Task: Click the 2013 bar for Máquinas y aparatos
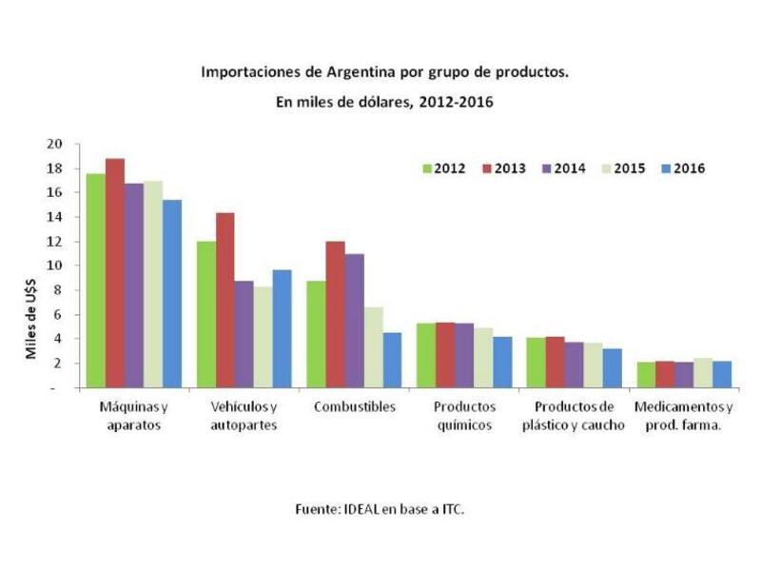pos(115,273)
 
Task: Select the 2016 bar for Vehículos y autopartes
pos(282,328)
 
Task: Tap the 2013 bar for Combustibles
pos(336,314)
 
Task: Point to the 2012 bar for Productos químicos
pos(426,355)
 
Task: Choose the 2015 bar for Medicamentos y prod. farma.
pos(703,373)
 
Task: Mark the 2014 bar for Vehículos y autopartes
pos(244,334)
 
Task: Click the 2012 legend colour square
pos(428,169)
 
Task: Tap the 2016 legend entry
pos(682,169)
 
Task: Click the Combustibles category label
pos(354,407)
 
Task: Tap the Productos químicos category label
pos(465,416)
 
